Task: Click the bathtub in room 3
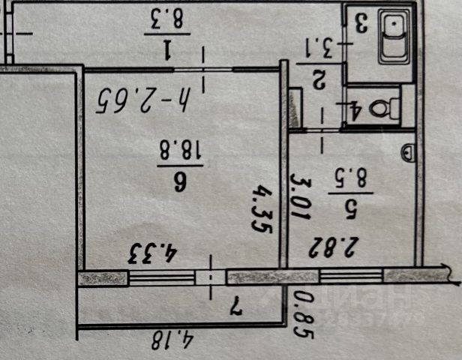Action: coord(393,37)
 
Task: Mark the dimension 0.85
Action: coord(301,314)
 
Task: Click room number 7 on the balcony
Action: coord(233,305)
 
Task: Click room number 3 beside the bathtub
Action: coord(360,22)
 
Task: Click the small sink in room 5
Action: coord(407,152)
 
